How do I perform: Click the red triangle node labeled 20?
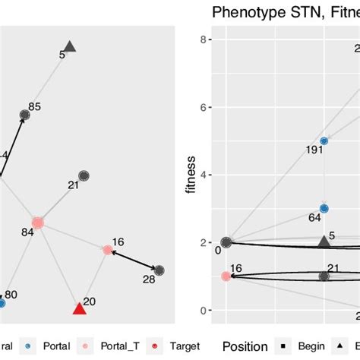pos(79,308)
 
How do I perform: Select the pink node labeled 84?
pos(37,222)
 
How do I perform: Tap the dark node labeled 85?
pos(24,115)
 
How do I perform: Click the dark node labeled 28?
pos(159,270)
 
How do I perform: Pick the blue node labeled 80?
pos(2,302)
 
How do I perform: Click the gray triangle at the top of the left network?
pos(69,47)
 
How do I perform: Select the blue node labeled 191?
pos(324,141)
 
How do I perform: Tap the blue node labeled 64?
pos(324,208)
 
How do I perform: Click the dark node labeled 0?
pos(226,242)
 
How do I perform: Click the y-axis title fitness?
pos(192,175)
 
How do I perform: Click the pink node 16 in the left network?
pos(107,250)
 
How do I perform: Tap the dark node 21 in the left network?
pos(84,175)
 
